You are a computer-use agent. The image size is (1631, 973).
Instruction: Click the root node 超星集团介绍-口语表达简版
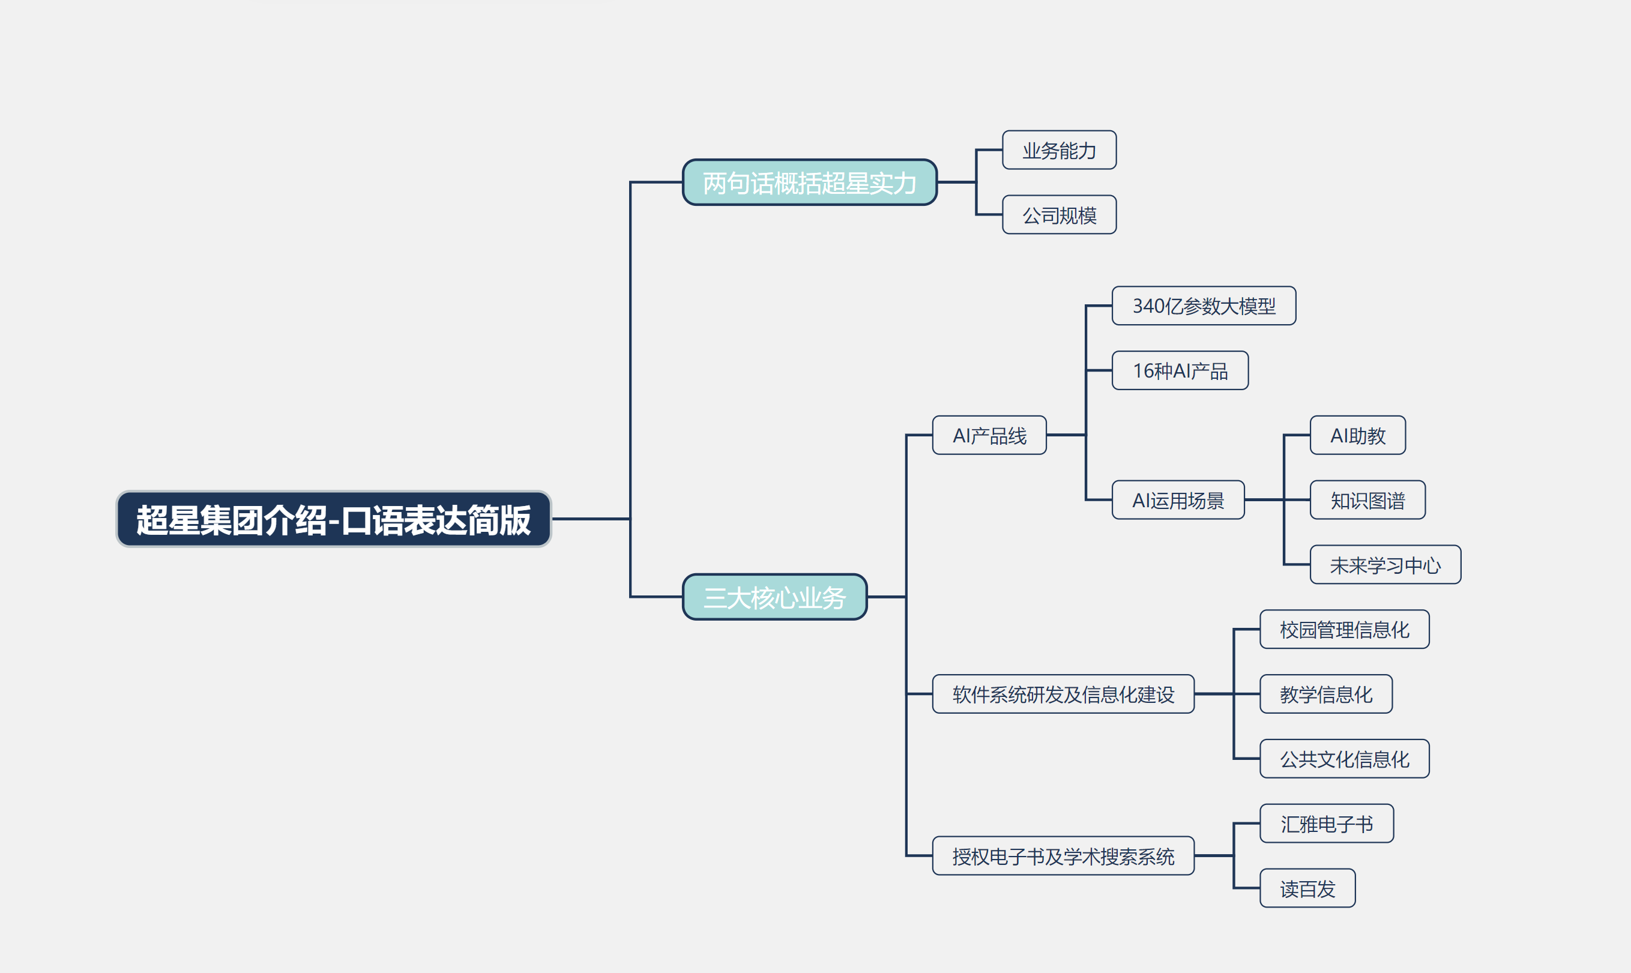point(334,519)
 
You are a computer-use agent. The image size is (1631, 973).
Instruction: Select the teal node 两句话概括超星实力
point(810,182)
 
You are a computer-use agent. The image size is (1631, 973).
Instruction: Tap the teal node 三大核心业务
point(775,597)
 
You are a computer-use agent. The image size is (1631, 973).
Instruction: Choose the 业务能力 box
point(1060,150)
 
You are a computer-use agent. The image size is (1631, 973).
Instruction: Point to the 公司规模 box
point(1060,214)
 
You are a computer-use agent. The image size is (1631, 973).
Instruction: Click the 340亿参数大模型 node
point(1204,306)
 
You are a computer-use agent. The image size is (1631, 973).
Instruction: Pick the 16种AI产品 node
point(1180,370)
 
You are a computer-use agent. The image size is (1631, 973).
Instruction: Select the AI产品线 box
point(989,435)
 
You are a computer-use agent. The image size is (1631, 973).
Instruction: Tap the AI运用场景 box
point(1178,500)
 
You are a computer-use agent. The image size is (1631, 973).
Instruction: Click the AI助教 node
point(1358,435)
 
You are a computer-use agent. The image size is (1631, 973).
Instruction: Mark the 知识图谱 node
point(1367,500)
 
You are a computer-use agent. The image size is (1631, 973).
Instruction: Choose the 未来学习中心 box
point(1385,564)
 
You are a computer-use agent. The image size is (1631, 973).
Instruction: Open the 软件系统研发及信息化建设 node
point(1063,694)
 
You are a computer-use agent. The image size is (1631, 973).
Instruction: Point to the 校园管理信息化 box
point(1345,630)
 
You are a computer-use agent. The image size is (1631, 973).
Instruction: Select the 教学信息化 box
point(1326,694)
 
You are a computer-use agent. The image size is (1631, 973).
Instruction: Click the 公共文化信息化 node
point(1345,759)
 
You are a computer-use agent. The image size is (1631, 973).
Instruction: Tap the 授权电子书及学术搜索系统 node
point(1063,855)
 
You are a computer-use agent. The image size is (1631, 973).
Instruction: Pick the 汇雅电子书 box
point(1327,824)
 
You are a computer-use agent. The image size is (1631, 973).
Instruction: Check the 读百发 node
point(1308,888)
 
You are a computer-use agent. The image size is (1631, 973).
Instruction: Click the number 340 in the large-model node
point(1148,306)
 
